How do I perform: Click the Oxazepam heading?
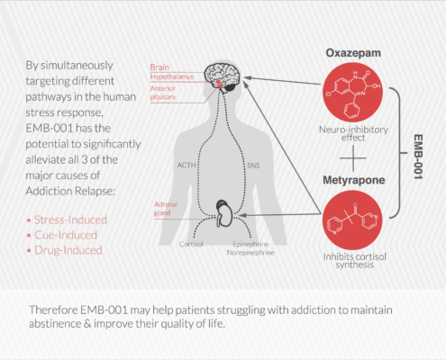tap(353, 53)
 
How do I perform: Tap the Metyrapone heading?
tap(354, 180)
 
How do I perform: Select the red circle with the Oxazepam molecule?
tap(352, 93)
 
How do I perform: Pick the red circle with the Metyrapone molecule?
tap(352, 220)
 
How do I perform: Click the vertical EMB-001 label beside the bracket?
tap(418, 157)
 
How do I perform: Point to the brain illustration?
tap(223, 76)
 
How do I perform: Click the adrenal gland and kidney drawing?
tap(224, 213)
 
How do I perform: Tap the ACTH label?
tap(187, 166)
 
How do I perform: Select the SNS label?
tap(253, 166)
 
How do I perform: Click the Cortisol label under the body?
tap(191, 244)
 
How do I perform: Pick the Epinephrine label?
tap(250, 244)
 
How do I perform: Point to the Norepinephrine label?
tap(250, 253)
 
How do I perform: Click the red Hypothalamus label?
tap(172, 77)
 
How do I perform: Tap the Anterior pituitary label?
tap(163, 93)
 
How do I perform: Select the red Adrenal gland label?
tap(166, 209)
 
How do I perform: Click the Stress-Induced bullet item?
tap(67, 220)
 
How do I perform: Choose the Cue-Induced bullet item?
tap(62, 235)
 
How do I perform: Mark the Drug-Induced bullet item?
tap(65, 250)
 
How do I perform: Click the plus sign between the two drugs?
tap(353, 157)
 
